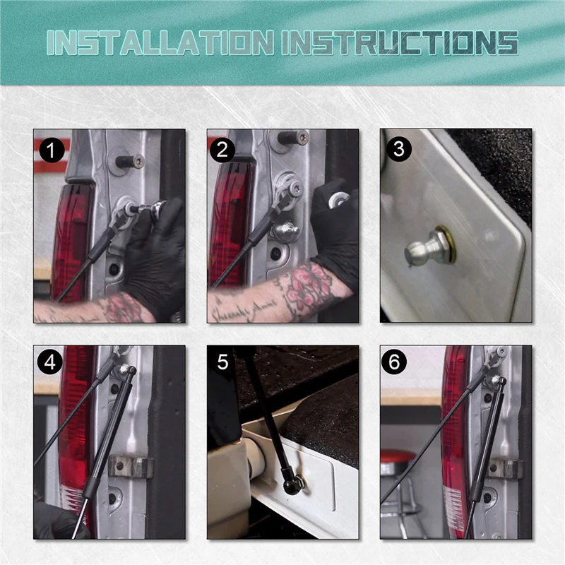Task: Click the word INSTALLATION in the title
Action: coord(160,43)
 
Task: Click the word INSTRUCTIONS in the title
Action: coord(400,43)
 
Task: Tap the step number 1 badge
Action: coord(52,150)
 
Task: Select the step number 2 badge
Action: coord(222,150)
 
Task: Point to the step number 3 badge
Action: coord(398,149)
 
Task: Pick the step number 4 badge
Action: coord(50,362)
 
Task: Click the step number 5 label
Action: coord(222,362)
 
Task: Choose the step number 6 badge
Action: coord(394,362)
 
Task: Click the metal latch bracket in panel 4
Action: coord(131,466)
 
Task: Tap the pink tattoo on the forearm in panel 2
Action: coord(305,287)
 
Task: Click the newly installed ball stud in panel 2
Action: coord(285,230)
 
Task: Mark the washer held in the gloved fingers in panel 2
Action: coord(339,199)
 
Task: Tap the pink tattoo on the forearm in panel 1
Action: coord(122,307)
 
